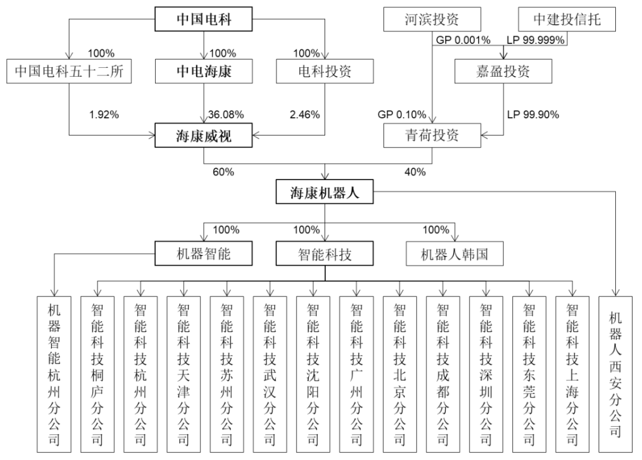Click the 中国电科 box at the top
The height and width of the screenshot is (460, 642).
[203, 19]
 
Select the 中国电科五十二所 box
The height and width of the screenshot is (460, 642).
[69, 71]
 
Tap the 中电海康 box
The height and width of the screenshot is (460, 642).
[203, 71]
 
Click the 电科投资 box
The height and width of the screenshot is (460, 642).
[325, 71]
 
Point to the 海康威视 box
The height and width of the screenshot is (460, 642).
[203, 135]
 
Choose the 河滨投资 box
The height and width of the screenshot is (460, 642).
[432, 19]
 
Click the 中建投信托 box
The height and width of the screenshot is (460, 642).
[567, 19]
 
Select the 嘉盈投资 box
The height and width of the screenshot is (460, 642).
[503, 71]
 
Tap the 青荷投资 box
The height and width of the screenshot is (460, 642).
[432, 135]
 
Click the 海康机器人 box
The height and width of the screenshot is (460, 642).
[325, 191]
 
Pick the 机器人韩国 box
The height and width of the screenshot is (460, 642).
[455, 254]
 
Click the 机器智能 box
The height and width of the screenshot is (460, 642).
[203, 253]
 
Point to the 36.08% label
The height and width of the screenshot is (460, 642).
[226, 115]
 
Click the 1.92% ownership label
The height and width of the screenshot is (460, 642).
[104, 115]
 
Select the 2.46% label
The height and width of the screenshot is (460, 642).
[304, 115]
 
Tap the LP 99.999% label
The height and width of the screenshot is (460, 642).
[536, 40]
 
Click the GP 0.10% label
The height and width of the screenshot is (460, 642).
[402, 115]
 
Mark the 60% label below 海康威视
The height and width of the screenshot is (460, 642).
[223, 172]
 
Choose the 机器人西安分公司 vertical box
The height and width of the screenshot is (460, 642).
[615, 374]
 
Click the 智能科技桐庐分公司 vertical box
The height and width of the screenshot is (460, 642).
[97, 374]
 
